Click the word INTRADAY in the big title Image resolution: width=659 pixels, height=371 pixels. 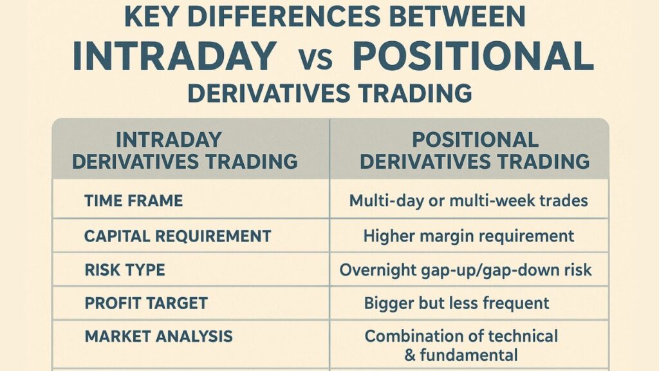click(174, 56)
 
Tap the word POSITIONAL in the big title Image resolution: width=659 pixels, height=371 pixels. click(473, 56)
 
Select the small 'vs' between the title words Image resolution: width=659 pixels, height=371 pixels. click(316, 59)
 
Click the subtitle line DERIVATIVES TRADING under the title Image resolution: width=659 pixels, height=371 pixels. click(330, 93)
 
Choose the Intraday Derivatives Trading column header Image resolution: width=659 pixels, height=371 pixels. click(185, 151)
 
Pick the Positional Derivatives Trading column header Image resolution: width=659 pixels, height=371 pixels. click(474, 151)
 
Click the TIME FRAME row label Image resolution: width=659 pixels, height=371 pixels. click(134, 201)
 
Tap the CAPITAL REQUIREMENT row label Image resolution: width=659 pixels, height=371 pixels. click(178, 236)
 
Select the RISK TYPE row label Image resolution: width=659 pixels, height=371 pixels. click(125, 270)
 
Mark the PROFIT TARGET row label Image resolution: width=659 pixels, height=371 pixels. click(146, 303)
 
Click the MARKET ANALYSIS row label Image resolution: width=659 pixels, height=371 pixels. click(158, 336)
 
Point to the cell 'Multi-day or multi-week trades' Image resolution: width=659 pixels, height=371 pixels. click(469, 201)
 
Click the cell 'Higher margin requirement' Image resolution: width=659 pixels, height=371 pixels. click(469, 236)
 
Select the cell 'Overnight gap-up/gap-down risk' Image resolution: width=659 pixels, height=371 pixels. click(466, 270)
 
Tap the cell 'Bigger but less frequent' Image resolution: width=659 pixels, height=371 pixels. click(456, 303)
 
